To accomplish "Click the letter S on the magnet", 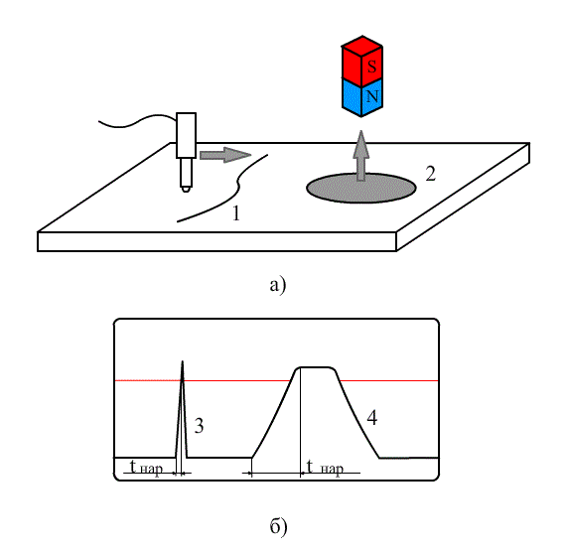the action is click(x=371, y=67).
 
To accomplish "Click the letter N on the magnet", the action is click(x=372, y=96).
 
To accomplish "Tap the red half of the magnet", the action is click(x=361, y=61).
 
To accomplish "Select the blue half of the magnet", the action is click(x=361, y=97).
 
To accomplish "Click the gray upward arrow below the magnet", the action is click(x=360, y=156).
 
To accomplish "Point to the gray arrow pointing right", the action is click(x=225, y=155).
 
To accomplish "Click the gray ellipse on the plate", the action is click(x=360, y=189).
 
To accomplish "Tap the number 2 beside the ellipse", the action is click(x=430, y=174).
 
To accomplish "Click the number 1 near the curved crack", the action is click(x=236, y=213).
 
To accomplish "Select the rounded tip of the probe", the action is click(x=186, y=189).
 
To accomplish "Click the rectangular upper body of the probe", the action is click(x=187, y=135).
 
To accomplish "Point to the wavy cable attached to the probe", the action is click(x=137, y=121).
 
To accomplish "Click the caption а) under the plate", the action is click(x=278, y=285).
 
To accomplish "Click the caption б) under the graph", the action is click(x=278, y=526).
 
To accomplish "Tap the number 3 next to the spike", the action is click(x=199, y=426).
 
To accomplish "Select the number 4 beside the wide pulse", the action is click(x=372, y=418).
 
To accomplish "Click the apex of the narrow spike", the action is click(x=182, y=361).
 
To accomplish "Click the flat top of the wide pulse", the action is click(x=316, y=367).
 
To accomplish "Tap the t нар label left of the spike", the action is click(x=146, y=468).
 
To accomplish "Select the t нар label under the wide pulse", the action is click(x=325, y=468).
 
